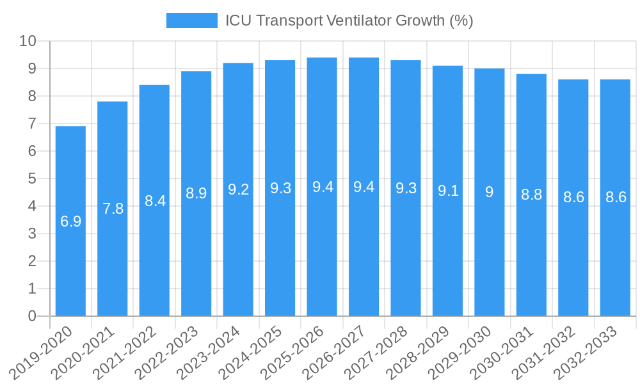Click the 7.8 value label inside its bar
click(113, 209)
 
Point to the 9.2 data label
click(238, 189)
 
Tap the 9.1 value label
click(448, 191)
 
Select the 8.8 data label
click(531, 195)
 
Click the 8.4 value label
click(155, 201)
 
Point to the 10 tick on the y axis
click(28, 41)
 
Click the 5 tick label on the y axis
click(32, 179)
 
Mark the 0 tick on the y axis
click(32, 316)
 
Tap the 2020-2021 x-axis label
click(84, 352)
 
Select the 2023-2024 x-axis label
click(209, 352)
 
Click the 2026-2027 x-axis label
click(335, 352)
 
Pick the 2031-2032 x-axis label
click(545, 352)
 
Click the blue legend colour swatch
click(191, 20)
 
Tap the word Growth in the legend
click(420, 20)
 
